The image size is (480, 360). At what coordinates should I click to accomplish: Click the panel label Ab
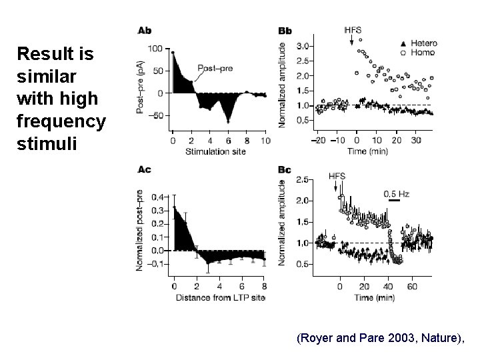click(144, 31)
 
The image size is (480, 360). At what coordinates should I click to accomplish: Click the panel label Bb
click(285, 31)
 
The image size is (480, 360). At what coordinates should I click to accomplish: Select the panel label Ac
click(144, 169)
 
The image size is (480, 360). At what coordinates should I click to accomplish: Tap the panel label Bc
click(285, 169)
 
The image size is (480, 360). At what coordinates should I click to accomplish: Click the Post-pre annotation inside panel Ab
click(215, 68)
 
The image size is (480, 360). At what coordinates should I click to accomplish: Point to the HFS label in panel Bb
click(353, 30)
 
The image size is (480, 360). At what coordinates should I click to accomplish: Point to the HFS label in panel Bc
click(338, 176)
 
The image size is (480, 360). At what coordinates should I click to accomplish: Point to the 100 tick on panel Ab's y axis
click(155, 49)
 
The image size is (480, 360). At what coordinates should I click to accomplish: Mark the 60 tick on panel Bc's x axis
click(411, 286)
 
